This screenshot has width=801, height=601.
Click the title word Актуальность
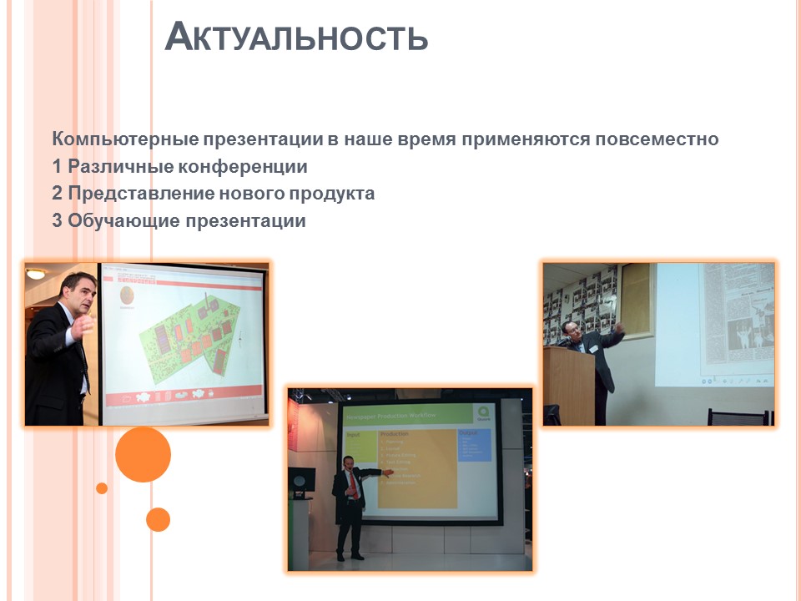click(296, 38)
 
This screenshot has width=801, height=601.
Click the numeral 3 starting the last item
click(57, 222)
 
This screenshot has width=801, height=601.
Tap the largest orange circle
click(143, 455)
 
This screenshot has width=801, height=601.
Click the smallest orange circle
click(102, 488)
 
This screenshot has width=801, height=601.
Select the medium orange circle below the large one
click(158, 519)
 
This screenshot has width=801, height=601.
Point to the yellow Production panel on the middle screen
click(417, 467)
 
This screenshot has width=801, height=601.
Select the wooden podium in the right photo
click(568, 384)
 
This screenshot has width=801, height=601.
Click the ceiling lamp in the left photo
click(35, 273)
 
